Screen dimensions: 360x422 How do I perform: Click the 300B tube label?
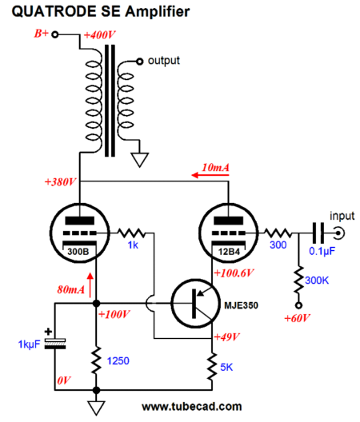coord(78,252)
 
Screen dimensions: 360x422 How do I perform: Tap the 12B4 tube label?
coord(229,252)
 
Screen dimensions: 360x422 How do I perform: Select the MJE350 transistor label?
coord(241,305)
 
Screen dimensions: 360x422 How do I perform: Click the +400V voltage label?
coord(99,35)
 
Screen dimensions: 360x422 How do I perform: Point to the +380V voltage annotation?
coord(60,182)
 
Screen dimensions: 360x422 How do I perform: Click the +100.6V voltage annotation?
coord(234,273)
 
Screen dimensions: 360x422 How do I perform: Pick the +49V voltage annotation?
coord(226,336)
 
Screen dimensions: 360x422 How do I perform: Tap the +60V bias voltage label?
coord(297,318)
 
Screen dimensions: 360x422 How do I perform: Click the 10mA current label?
coord(215,168)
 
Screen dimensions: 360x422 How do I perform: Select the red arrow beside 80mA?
coord(90,285)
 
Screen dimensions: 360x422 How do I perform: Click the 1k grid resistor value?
coord(133,245)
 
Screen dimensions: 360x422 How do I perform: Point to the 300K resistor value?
coord(317,281)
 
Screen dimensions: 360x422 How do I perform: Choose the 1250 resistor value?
coord(118,361)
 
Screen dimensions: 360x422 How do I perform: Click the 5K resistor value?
coord(226,368)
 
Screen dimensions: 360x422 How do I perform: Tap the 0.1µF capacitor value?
coord(322,251)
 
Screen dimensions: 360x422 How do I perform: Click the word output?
coord(164,61)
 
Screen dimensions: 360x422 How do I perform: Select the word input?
coord(342,216)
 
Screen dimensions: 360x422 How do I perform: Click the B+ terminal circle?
coord(55,34)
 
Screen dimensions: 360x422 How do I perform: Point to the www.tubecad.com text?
coord(191,407)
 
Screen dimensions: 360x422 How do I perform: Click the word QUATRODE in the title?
coord(54,11)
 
